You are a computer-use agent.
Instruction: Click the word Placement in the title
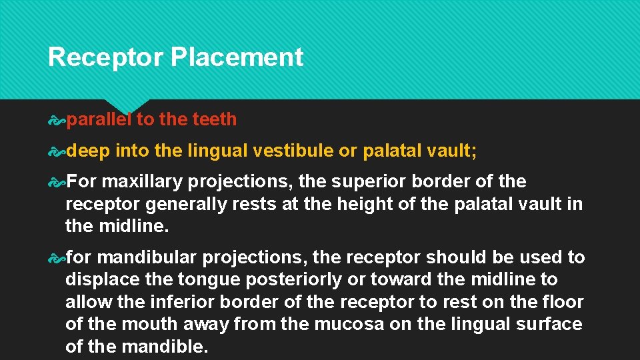click(x=237, y=57)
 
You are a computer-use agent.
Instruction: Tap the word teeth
click(x=215, y=120)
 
